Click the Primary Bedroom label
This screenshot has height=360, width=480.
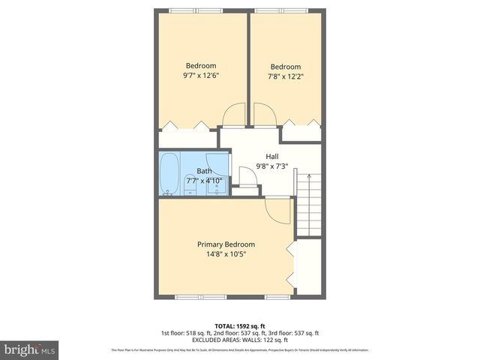(226, 244)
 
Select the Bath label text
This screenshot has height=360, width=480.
(193, 172)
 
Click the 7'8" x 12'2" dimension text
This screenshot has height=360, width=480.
(285, 76)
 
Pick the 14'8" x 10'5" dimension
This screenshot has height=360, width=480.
(226, 254)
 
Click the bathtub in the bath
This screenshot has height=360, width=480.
(169, 175)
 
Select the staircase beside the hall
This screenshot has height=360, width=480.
(310, 202)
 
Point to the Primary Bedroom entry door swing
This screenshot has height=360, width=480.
(277, 211)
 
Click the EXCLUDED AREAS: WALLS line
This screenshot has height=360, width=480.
(239, 340)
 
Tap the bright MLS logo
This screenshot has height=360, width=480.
(30, 349)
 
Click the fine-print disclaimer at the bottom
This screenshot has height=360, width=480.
(239, 350)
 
